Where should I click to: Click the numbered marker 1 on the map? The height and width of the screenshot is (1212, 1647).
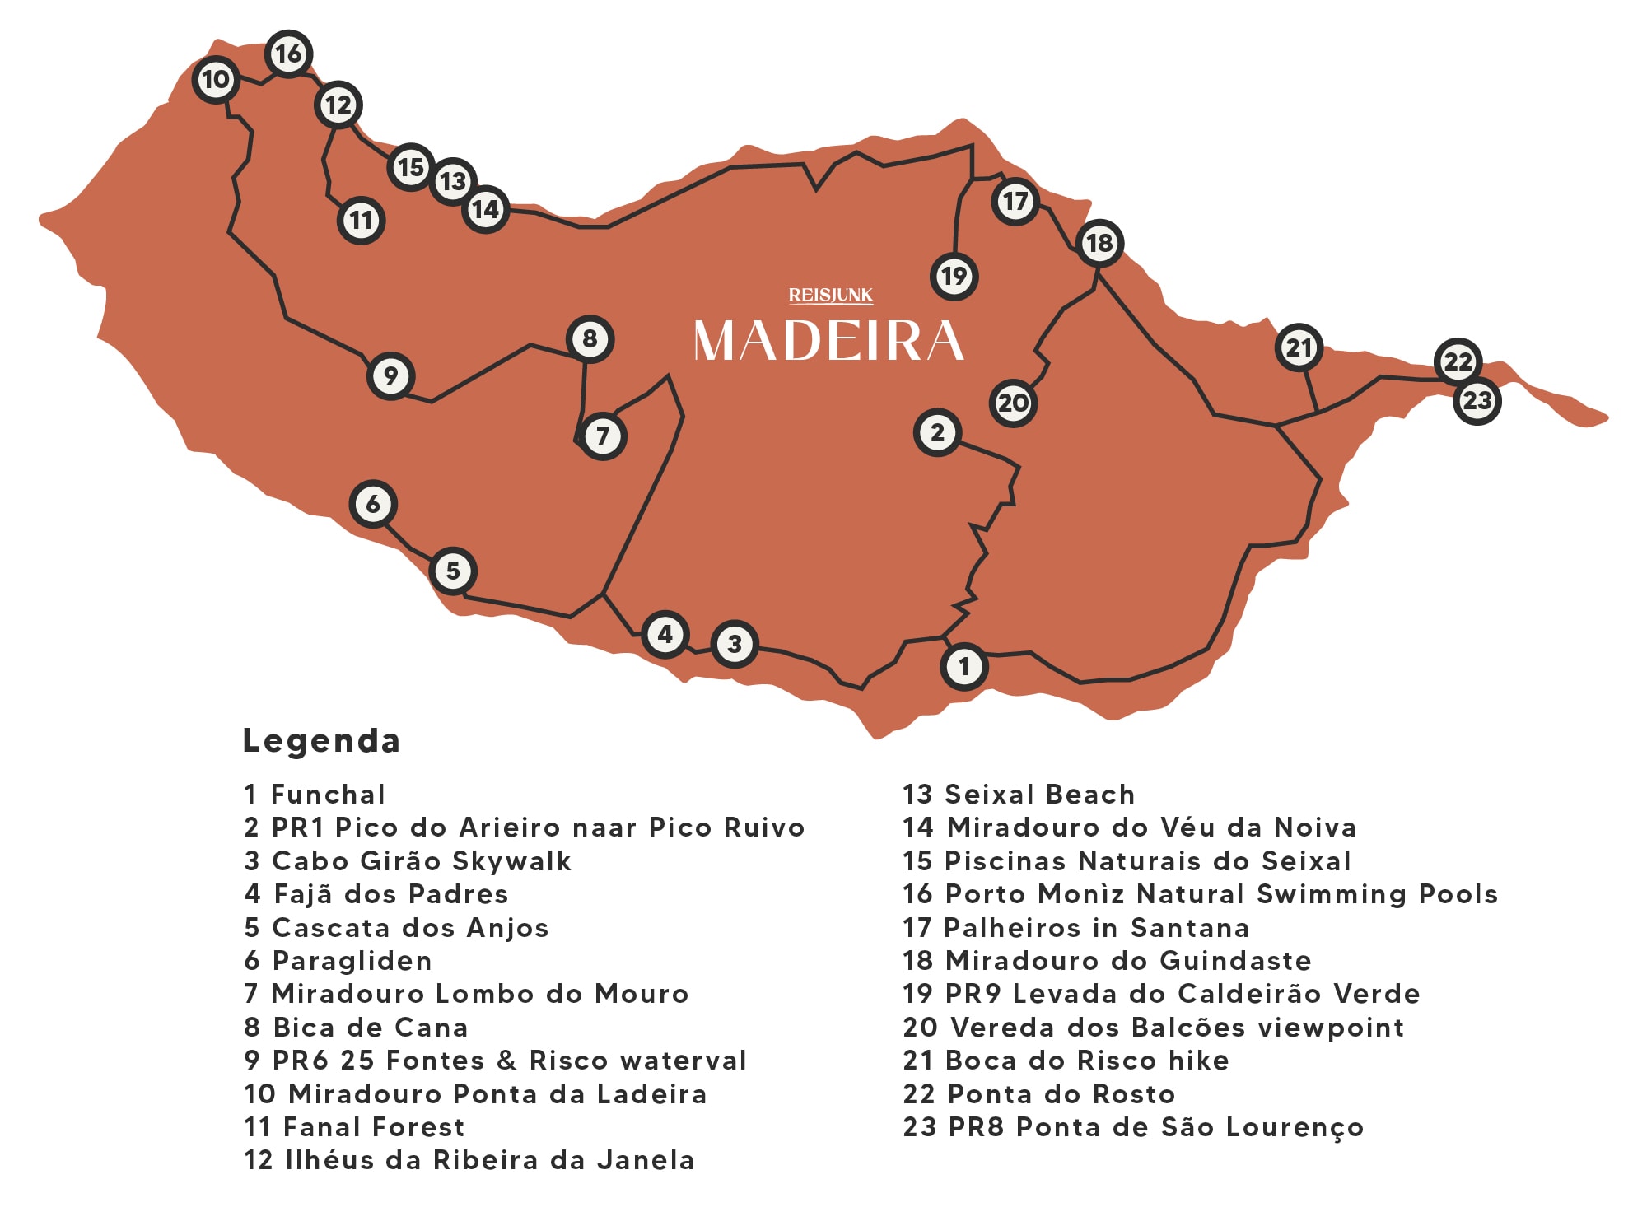(x=963, y=666)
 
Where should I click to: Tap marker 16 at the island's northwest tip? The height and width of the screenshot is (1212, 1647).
(x=288, y=54)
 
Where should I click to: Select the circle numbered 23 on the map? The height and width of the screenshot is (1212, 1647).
(x=1477, y=401)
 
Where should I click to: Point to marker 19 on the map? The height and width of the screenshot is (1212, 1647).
(x=954, y=276)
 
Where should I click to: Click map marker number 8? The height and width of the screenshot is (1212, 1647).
(x=590, y=338)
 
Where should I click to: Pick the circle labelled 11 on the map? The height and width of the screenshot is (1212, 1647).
(x=361, y=220)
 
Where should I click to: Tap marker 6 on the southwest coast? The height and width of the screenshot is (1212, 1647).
(x=373, y=504)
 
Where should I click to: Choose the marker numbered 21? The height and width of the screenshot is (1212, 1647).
(x=1299, y=347)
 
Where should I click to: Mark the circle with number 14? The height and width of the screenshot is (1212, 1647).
(x=485, y=209)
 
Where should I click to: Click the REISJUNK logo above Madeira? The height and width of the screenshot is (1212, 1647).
(x=830, y=295)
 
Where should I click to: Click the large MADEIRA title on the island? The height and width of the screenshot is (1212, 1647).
(x=828, y=341)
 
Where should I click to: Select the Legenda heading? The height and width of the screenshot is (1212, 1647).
(x=321, y=740)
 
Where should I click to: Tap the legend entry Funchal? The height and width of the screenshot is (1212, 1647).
(x=327, y=795)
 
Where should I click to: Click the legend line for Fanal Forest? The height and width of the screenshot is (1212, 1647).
(x=373, y=1126)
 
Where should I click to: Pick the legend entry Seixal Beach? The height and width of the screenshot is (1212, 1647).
(x=1039, y=795)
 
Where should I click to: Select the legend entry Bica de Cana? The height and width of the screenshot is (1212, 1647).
(x=370, y=1028)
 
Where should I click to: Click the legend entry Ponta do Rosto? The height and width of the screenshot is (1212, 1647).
(x=1061, y=1093)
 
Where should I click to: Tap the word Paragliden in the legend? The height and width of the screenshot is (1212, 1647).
(x=352, y=961)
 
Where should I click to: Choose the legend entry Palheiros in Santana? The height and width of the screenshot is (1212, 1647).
(x=1096, y=928)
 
